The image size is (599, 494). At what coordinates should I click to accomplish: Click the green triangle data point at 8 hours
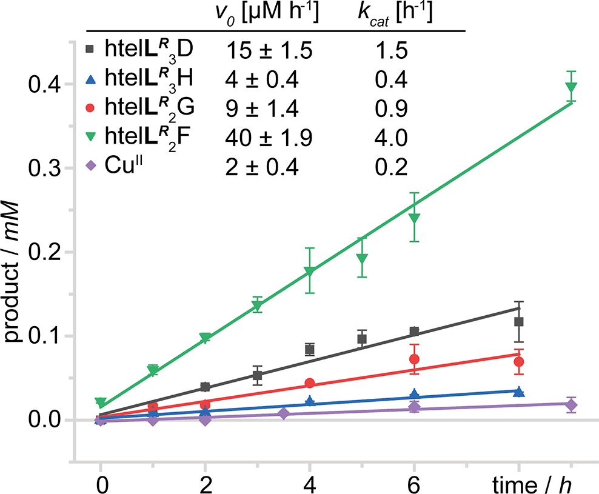(x=571, y=87)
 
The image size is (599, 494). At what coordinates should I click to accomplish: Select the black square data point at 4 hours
(x=310, y=349)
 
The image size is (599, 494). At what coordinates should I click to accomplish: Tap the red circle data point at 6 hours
(x=415, y=359)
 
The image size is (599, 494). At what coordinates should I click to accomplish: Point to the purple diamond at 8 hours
(x=571, y=405)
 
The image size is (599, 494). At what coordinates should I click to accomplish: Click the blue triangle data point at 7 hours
(x=518, y=392)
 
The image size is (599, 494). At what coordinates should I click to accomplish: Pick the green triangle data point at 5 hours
(x=363, y=259)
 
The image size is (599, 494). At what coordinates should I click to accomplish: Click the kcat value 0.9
(x=390, y=108)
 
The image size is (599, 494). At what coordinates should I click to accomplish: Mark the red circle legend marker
(x=91, y=108)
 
